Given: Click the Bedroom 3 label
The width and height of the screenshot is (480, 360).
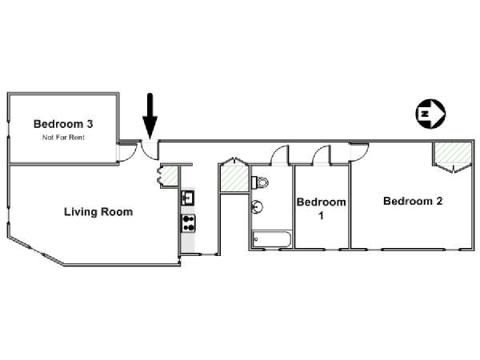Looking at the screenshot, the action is pyautogui.click(x=63, y=124).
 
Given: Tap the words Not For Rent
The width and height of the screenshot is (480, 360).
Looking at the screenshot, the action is pyautogui.click(x=63, y=138).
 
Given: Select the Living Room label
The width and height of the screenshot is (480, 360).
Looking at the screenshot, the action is pyautogui.click(x=98, y=212).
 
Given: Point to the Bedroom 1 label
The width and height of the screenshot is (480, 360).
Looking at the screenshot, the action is pyautogui.click(x=321, y=209).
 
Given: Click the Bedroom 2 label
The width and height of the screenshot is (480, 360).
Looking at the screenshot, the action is pyautogui.click(x=413, y=201).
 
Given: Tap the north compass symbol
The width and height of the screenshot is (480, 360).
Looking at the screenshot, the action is pyautogui.click(x=430, y=114).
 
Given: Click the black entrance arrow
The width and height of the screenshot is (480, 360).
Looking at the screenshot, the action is pyautogui.click(x=150, y=116).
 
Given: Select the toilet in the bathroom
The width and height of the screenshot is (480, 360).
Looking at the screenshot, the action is pyautogui.click(x=260, y=182).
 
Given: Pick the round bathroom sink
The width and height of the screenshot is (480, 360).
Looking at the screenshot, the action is pyautogui.click(x=257, y=206).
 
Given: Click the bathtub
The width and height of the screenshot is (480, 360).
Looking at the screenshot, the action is pyautogui.click(x=271, y=239).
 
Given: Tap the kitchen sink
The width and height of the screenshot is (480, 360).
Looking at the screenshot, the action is pyautogui.click(x=188, y=198).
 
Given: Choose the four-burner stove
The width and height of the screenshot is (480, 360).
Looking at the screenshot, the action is pyautogui.click(x=189, y=223).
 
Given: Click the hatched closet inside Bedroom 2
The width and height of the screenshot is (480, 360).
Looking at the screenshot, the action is pyautogui.click(x=453, y=153).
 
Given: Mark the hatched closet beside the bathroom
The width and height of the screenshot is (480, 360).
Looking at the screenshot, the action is pyautogui.click(x=234, y=178).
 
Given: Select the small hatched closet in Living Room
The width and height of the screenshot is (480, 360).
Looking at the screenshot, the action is pyautogui.click(x=170, y=176).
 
